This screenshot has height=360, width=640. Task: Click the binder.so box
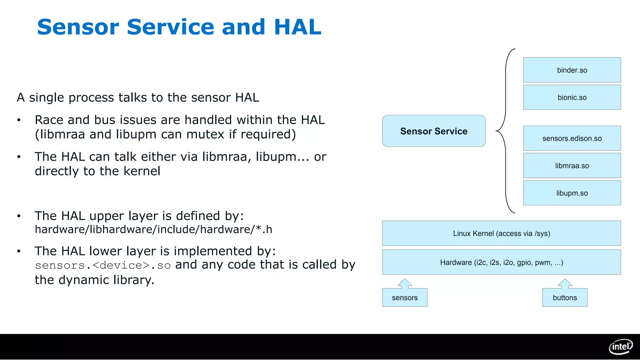click(572, 70)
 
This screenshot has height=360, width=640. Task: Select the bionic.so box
click(572, 97)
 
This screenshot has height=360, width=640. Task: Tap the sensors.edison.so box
click(572, 138)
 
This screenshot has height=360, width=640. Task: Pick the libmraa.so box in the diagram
click(572, 165)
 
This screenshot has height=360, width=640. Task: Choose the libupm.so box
click(572, 193)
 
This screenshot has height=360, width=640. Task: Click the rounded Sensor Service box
click(434, 131)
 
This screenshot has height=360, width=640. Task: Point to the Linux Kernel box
click(501, 233)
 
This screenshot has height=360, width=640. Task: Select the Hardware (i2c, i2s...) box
click(501, 262)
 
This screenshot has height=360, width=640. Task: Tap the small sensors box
click(405, 297)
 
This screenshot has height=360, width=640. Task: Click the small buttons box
click(565, 297)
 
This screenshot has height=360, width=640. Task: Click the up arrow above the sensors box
click(405, 283)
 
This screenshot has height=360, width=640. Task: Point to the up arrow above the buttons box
click(565, 283)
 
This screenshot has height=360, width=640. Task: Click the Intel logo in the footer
click(621, 347)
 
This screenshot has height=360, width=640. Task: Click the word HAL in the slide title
click(297, 27)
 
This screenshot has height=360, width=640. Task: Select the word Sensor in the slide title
click(78, 27)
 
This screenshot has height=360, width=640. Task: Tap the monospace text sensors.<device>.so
click(103, 265)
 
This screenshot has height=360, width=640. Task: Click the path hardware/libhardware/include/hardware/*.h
click(153, 229)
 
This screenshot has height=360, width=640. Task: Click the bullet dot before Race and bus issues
click(19, 120)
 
